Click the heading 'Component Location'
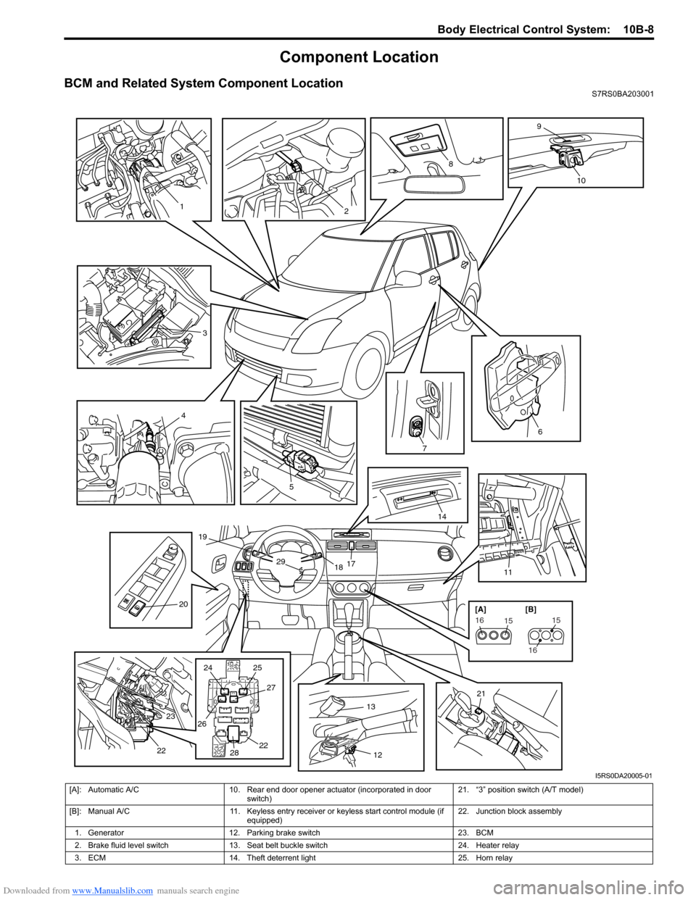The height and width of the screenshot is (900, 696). (359, 57)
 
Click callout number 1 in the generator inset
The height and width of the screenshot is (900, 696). (181, 207)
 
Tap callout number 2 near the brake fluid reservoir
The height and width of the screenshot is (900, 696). (347, 211)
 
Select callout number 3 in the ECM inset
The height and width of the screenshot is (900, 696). (205, 333)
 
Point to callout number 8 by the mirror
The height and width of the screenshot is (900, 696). (450, 164)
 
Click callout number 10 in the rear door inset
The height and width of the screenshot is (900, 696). (581, 180)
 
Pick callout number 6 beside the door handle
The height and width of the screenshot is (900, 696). (540, 432)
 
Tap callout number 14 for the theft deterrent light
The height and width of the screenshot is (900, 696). (442, 516)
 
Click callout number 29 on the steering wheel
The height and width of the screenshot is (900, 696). (281, 562)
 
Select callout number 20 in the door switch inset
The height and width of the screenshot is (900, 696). (183, 604)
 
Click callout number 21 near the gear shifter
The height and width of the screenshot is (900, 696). (481, 694)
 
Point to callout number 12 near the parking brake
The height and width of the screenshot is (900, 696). (378, 755)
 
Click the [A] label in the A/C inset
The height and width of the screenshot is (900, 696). (481, 610)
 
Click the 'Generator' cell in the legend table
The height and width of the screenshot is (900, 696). (106, 833)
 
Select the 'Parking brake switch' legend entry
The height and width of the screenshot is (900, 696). (283, 833)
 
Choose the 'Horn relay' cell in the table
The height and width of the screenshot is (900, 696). (494, 858)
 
